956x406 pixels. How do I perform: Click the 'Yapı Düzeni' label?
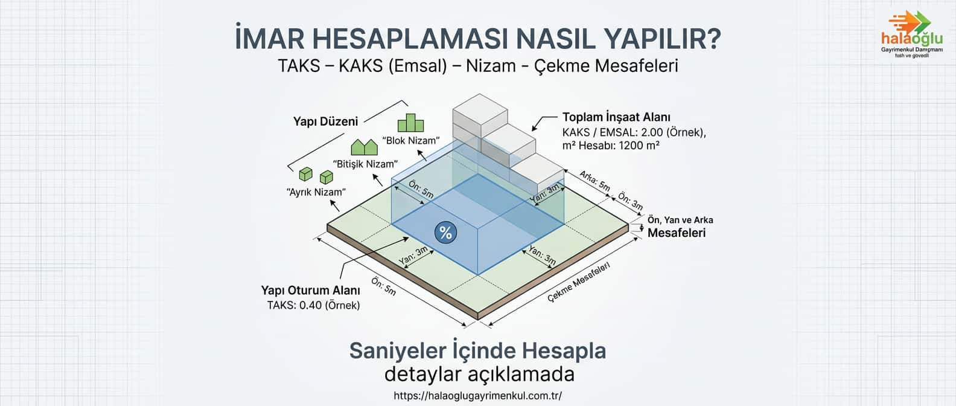(x=325, y=121)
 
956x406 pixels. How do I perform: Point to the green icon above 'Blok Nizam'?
(x=410, y=123)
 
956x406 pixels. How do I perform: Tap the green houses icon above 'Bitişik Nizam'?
(x=365, y=147)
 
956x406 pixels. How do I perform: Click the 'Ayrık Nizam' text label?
(x=316, y=192)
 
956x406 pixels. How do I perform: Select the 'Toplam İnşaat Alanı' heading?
(x=616, y=117)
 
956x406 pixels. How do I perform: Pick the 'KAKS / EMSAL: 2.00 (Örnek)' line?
(x=634, y=132)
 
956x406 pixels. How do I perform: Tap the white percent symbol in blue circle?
(x=445, y=233)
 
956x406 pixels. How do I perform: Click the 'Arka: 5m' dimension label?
(x=594, y=181)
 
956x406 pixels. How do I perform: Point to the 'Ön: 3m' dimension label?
(x=630, y=202)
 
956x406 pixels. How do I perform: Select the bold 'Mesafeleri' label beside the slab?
(x=677, y=233)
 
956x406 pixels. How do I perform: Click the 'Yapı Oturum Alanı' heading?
(x=310, y=291)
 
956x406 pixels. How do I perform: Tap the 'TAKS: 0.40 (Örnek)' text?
(x=313, y=305)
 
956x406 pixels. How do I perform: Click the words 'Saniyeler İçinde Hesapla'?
(x=477, y=350)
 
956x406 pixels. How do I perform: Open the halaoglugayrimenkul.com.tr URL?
(x=477, y=396)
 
